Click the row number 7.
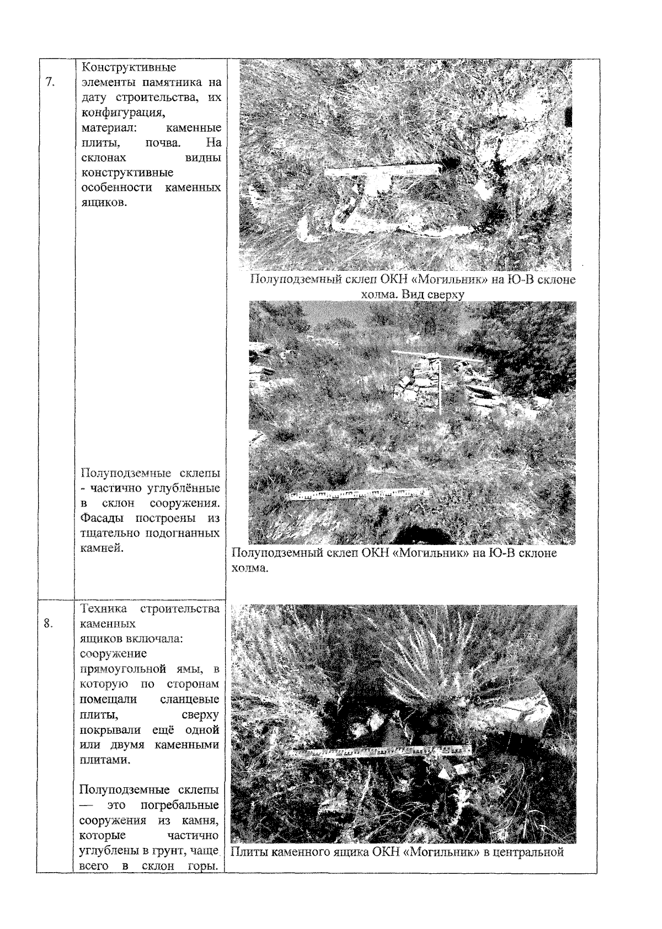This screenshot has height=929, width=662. point(50,82)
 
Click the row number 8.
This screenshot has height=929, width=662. point(48,623)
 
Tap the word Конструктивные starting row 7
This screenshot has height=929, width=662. point(129,67)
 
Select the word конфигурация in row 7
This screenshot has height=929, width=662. point(123,113)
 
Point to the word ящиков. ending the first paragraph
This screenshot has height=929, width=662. point(104,203)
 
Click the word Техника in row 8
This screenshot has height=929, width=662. point(103,609)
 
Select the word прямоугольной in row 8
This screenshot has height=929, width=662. point(123,669)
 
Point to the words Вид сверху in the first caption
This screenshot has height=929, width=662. point(430,295)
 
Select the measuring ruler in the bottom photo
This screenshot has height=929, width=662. point(378,751)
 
